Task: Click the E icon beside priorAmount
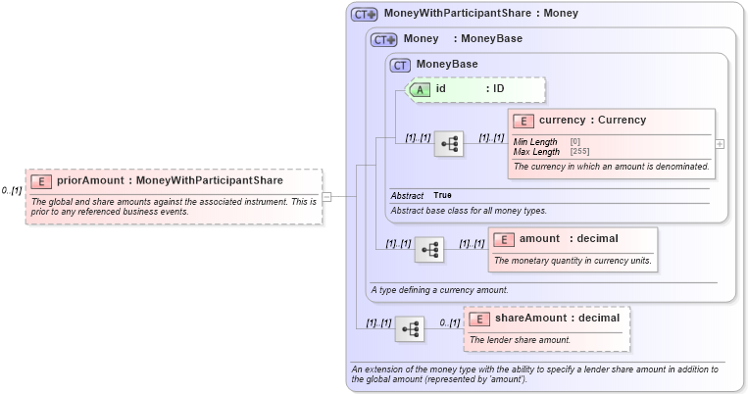tap(40, 181)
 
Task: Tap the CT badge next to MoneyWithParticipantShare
tap(365, 15)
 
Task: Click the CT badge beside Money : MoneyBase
tap(383, 39)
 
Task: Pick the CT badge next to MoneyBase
tap(400, 65)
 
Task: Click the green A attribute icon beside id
tap(420, 89)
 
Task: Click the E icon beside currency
tap(523, 121)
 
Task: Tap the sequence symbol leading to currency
tap(448, 143)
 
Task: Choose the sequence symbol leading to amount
tap(428, 249)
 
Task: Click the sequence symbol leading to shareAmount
tap(409, 328)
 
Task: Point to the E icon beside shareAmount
tap(478, 319)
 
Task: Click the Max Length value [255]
tap(579, 152)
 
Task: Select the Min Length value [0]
tap(575, 142)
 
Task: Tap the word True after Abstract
tap(443, 196)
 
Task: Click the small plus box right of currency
tap(721, 143)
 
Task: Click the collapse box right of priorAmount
tap(326, 196)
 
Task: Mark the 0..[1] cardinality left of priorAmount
tap(12, 190)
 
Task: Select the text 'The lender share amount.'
tap(520, 340)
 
